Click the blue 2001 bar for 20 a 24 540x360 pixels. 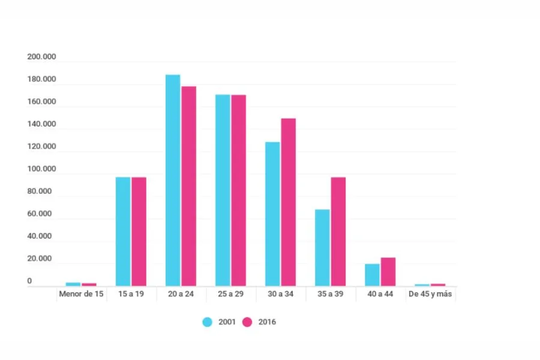[x=173, y=180]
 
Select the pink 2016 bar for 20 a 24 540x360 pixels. [x=189, y=186]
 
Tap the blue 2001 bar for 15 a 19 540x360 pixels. [x=123, y=232]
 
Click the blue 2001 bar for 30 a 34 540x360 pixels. [x=272, y=214]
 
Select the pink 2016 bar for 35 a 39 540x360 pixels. [x=338, y=232]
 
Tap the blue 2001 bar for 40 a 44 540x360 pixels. [x=372, y=275]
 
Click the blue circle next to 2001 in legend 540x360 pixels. [x=208, y=322]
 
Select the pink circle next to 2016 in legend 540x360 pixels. [x=247, y=322]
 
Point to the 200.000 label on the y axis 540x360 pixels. [x=41, y=57]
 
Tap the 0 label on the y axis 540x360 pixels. [x=29, y=281]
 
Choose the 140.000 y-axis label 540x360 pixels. [x=41, y=124]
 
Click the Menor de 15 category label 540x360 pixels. [x=81, y=295]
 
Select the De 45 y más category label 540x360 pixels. [x=431, y=295]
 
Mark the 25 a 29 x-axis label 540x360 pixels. [x=231, y=295]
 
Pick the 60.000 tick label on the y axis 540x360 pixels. [x=41, y=214]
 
